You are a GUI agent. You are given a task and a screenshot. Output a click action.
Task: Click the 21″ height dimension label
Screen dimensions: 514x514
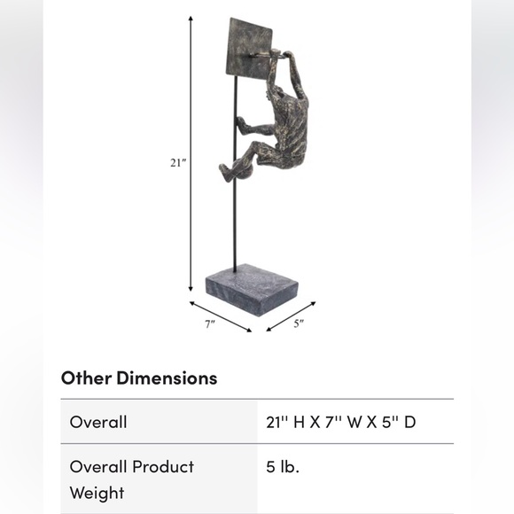point(178,162)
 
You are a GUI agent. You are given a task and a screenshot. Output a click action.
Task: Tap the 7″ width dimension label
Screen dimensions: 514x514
point(210,324)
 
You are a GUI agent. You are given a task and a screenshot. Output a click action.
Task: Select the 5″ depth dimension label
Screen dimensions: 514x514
point(299,323)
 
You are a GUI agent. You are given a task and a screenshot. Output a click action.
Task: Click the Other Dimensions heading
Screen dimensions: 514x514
point(139,378)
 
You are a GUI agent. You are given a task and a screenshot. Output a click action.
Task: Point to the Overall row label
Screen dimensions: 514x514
point(98,422)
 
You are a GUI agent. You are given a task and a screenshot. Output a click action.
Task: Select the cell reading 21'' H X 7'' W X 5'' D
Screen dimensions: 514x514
point(341,422)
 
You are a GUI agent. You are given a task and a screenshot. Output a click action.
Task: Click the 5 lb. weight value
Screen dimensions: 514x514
point(283,467)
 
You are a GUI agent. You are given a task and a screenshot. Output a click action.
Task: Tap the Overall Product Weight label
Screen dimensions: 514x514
point(132,480)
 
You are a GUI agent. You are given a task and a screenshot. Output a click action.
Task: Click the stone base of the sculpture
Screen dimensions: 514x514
point(252,290)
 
